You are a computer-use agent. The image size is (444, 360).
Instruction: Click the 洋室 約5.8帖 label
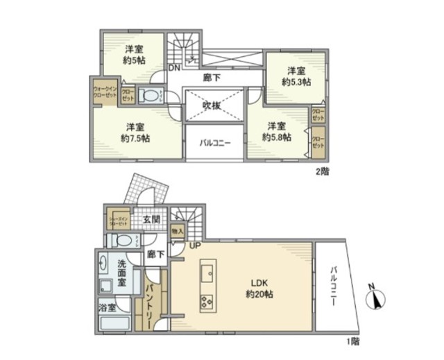(x=277, y=131)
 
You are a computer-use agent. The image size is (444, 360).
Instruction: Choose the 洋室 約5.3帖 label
(x=296, y=76)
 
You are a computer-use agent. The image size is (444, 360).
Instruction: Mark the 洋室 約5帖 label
(x=134, y=55)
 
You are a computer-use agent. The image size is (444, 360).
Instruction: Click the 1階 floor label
(x=354, y=341)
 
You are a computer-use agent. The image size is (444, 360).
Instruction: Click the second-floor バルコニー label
(x=215, y=143)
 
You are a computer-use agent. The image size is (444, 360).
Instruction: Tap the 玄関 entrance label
(x=151, y=220)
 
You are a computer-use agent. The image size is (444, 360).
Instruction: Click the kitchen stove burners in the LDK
(x=207, y=301)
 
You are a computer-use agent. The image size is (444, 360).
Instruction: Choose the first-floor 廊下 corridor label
(x=156, y=255)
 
